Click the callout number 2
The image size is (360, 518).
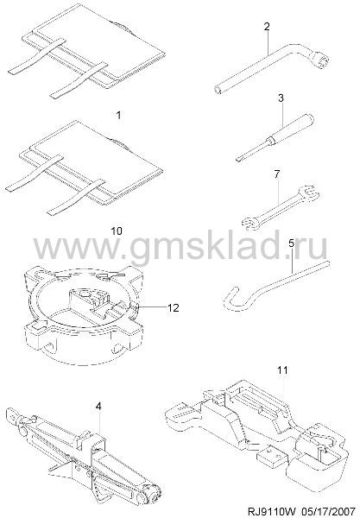pyautogui.click(x=267, y=27)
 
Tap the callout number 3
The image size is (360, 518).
pyautogui.click(x=281, y=98)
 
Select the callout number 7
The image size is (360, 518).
pyautogui.click(x=277, y=174)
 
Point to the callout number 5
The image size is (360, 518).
pyautogui.click(x=291, y=243)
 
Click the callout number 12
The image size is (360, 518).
pyautogui.click(x=174, y=307)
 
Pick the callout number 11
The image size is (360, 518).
pyautogui.click(x=282, y=370)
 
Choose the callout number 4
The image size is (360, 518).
pyautogui.click(x=98, y=407)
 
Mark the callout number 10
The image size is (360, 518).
pyautogui.click(x=117, y=231)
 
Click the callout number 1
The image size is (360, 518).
pyautogui.click(x=118, y=115)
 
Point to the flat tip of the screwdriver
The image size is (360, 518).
pyautogui.click(x=237, y=160)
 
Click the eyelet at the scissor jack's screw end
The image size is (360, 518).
pyautogui.click(x=12, y=414)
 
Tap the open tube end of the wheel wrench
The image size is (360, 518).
pyautogui.click(x=217, y=89)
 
